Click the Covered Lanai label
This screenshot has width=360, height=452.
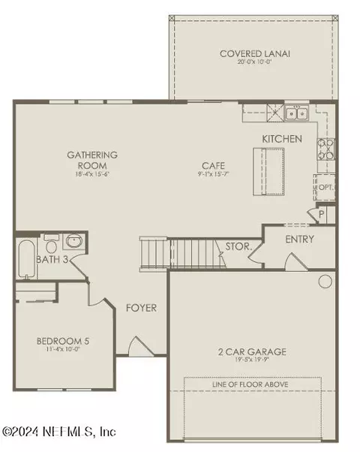pos(245,53)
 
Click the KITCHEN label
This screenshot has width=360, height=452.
pos(282,139)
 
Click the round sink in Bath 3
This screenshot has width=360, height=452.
pos(73,242)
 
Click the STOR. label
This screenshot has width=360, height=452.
pos(238,246)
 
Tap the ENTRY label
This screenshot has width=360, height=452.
pos(300,240)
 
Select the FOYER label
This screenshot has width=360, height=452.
pos(140,306)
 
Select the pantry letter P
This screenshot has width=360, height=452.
pos(321,214)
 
